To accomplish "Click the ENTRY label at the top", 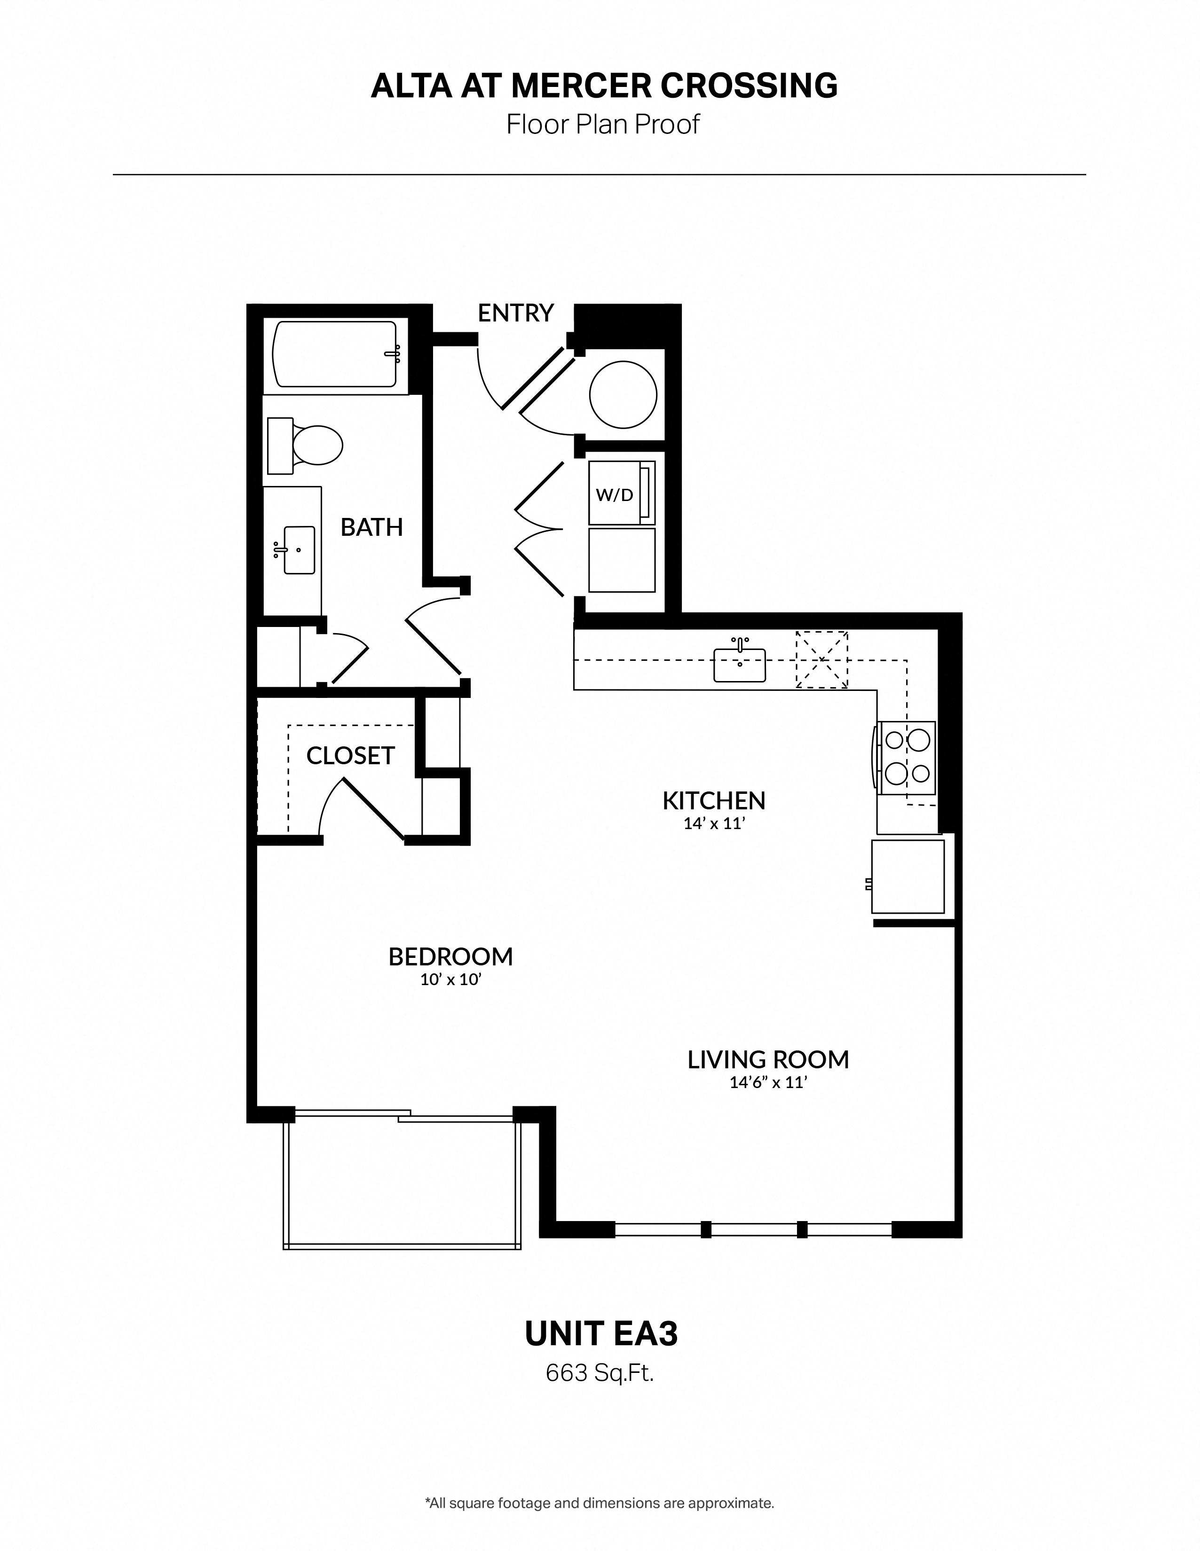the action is [515, 313].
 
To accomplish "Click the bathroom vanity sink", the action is [299, 550].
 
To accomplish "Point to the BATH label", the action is [371, 527].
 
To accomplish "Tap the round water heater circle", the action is [623, 394].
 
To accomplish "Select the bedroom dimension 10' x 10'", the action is [451, 980].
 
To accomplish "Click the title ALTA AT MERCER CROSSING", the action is [604, 86].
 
